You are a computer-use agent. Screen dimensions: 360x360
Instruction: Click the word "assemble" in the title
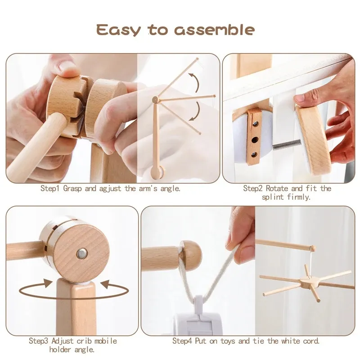pos(215,30)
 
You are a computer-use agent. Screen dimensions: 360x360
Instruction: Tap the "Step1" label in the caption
pos(50,189)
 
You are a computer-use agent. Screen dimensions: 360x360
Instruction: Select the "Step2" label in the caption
pos(252,189)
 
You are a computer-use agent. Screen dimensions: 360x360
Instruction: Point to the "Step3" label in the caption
pos(38,341)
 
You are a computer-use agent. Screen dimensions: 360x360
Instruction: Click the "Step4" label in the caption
pos(182,341)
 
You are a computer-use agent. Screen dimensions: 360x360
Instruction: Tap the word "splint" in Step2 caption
pos(273,197)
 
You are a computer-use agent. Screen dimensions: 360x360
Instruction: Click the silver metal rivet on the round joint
pos(81,254)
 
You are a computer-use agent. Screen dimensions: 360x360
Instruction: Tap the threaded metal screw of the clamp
pos(287,144)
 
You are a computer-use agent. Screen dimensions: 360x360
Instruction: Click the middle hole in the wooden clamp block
pos(255,139)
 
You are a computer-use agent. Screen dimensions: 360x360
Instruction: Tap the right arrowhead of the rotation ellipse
pos(106,284)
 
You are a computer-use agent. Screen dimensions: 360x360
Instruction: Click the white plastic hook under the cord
pos(198,304)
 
